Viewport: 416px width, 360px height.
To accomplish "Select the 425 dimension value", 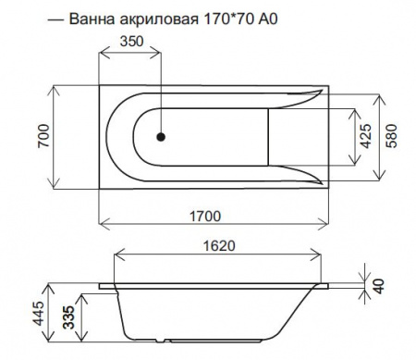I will pos(367,137).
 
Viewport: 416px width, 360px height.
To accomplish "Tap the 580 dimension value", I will pos(398,137).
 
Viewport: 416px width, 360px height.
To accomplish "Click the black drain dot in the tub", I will pos(161,137).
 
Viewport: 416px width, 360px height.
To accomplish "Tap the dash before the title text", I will pos(55,19).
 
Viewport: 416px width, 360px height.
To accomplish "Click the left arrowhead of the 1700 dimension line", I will pos(102,224).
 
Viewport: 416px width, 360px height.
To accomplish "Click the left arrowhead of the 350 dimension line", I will pos(102,53).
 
